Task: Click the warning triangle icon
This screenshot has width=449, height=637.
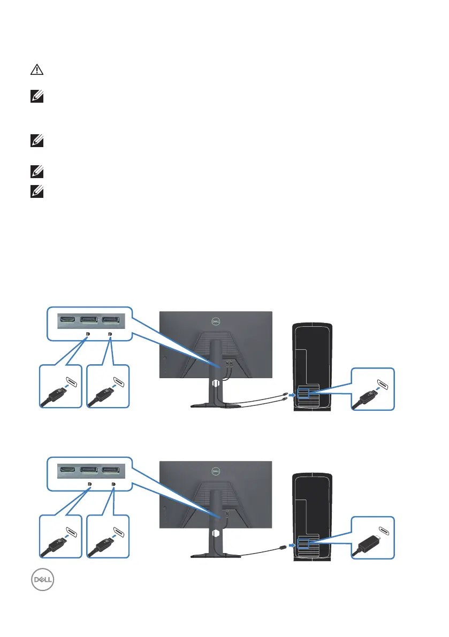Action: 36,71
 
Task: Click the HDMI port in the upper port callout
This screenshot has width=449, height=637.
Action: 68,320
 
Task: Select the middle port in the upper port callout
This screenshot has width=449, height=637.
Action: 89,320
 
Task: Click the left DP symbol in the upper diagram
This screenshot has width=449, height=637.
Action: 88,334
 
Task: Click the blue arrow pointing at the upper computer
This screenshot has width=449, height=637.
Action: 291,396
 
